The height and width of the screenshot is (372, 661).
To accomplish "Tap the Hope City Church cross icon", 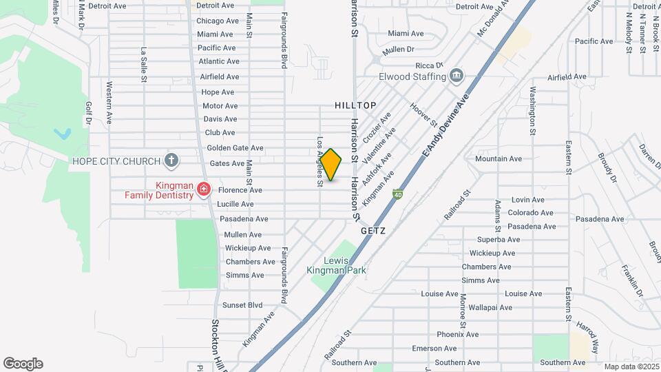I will (171, 161).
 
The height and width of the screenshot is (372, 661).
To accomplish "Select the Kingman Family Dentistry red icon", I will (203, 189).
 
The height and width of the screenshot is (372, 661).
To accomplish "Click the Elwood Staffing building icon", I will (456, 75).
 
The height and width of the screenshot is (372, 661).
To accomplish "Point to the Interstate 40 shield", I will (399, 195).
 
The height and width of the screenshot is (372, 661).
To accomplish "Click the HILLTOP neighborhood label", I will (355, 105).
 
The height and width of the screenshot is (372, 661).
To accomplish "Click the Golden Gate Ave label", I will (235, 148).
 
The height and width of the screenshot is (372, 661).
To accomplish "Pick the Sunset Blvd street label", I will (242, 304).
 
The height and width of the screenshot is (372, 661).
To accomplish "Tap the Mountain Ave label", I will (499, 158).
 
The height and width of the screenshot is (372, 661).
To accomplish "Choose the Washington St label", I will (532, 110).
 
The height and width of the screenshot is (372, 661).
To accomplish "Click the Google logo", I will (23, 364).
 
